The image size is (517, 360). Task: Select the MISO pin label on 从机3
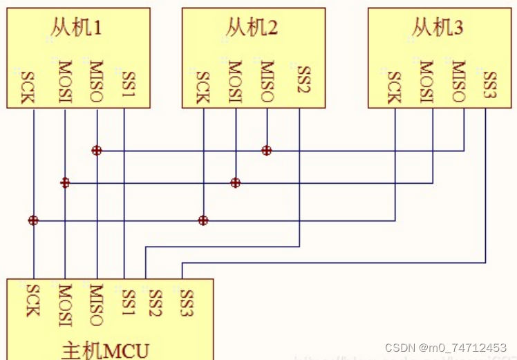[x=458, y=82]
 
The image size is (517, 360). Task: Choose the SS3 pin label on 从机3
[x=489, y=85]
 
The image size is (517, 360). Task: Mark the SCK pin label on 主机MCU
[x=32, y=300]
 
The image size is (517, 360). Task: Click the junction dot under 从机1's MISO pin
[x=97, y=150]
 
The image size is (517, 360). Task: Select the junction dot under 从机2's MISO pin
[x=267, y=150]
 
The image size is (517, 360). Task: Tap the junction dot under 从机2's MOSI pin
[x=236, y=182]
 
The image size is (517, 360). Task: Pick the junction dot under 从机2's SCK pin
[x=203, y=220]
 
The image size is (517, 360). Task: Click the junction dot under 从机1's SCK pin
[x=33, y=220]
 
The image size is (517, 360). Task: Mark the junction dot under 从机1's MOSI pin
[x=65, y=182]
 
